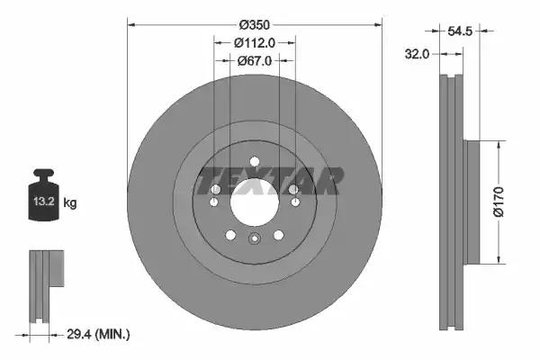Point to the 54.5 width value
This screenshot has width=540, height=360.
click(460, 31)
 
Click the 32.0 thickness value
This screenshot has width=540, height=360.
click(416, 53)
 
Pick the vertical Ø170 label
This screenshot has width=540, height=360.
click(510, 199)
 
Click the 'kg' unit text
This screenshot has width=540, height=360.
click(69, 203)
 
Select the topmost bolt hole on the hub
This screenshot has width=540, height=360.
click(254, 161)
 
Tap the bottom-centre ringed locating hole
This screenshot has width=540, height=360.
click(254, 239)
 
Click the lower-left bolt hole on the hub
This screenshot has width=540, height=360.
click(230, 235)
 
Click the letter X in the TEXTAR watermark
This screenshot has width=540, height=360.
click(255, 181)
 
